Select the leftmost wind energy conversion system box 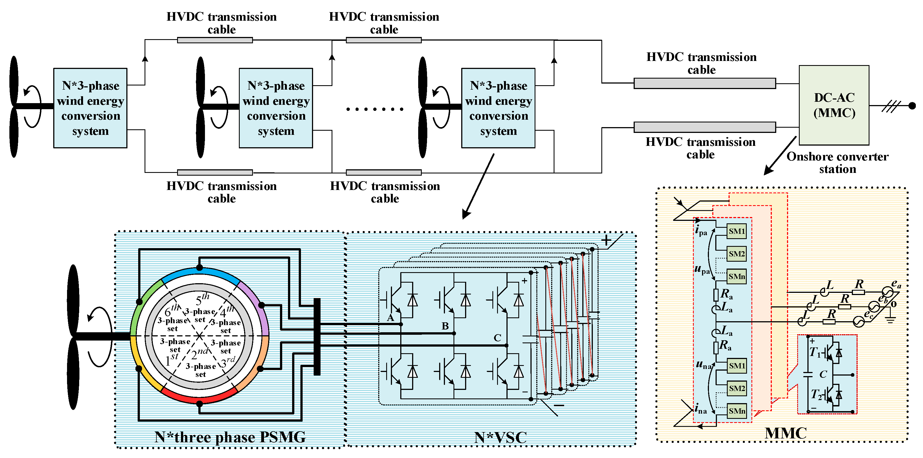tap(90, 108)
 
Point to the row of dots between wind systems tap(375, 109)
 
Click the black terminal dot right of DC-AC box tap(912, 106)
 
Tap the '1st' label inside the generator tap(172, 359)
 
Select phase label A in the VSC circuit tap(391, 318)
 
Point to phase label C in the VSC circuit tap(497, 338)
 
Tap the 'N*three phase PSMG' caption tap(230, 437)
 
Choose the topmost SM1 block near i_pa tap(737, 231)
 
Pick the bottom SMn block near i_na tap(737, 411)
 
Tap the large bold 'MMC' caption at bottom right tap(785, 433)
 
